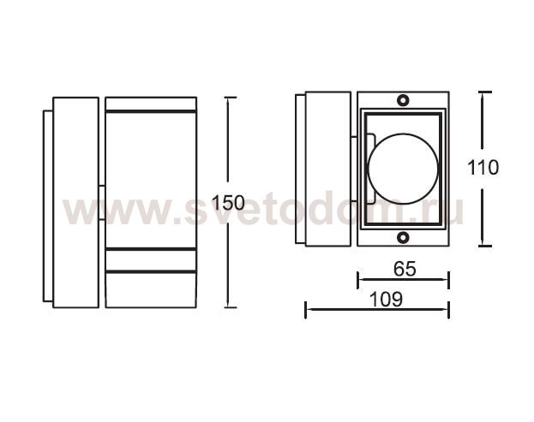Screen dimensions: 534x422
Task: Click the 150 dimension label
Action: click(228, 203)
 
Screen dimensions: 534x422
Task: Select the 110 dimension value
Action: click(483, 168)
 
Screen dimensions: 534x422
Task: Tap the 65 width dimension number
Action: click(405, 269)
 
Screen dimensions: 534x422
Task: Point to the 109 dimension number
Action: click(386, 300)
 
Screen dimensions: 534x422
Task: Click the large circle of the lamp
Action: click(369, 169)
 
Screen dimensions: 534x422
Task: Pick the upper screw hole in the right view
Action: click(403, 100)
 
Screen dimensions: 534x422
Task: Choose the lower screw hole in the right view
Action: click(403, 237)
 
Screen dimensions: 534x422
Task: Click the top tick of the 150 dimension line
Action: click(231, 98)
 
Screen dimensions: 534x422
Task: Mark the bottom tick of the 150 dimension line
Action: click(231, 307)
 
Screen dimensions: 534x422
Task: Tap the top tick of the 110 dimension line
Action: click(484, 92)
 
